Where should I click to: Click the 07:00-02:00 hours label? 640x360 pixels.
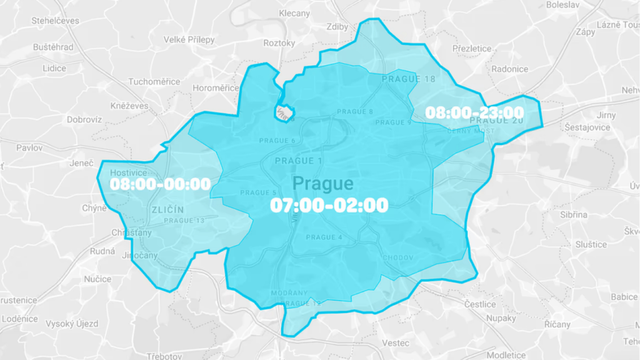329,205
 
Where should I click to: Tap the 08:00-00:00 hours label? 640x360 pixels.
160,184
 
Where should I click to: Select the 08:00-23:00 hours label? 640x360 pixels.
474,112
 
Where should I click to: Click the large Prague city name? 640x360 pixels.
322,184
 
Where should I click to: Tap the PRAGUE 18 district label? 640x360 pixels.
408,79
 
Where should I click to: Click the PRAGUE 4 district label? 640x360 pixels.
324,237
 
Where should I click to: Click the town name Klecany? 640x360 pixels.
294,13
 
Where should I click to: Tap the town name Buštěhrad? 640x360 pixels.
53,47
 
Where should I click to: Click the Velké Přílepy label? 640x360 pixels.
189,39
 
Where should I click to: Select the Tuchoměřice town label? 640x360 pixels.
154,82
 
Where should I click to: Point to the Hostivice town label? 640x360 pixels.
127,172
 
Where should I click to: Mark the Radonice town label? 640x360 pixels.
510,69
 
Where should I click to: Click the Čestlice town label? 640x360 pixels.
480,304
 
